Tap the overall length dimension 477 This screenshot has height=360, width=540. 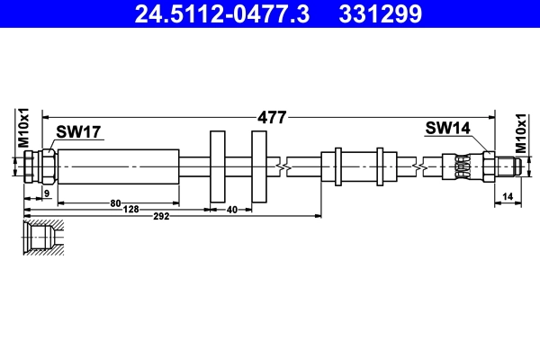[272, 116]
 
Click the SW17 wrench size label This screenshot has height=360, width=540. [78, 132]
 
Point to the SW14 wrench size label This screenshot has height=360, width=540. [448, 129]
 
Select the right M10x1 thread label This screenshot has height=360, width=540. [520, 134]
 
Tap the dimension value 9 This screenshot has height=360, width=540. [47, 194]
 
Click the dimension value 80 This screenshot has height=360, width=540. [115, 203]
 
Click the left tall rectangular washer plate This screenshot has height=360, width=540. [217, 166]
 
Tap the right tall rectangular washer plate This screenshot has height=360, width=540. [259, 166]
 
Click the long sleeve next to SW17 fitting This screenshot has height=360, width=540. [119, 166]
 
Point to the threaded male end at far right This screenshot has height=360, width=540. [508, 166]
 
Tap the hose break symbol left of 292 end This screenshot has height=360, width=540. [284, 166]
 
